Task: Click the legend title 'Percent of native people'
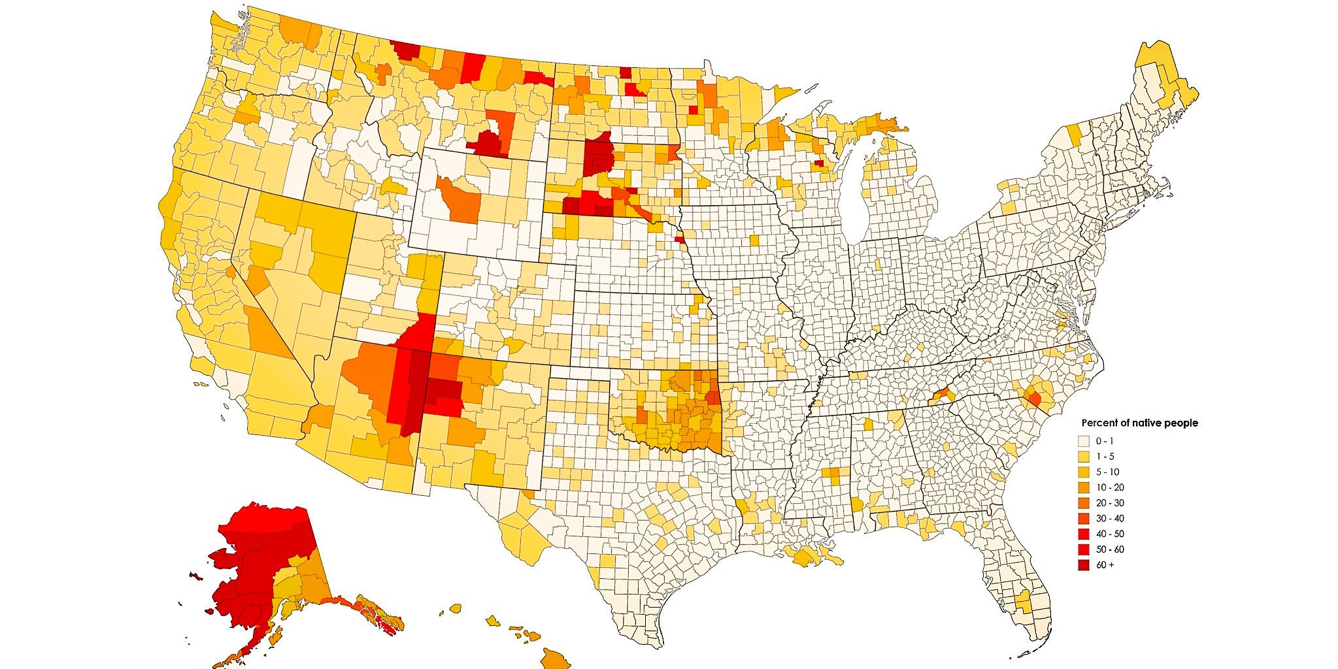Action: (x=1139, y=423)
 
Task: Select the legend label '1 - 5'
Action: (x=1105, y=456)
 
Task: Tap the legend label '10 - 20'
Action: (x=1110, y=487)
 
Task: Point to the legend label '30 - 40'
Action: (x=1110, y=518)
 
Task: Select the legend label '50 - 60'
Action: (x=1110, y=549)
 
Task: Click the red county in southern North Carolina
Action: (x=1034, y=398)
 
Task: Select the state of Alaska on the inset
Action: (x=261, y=562)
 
